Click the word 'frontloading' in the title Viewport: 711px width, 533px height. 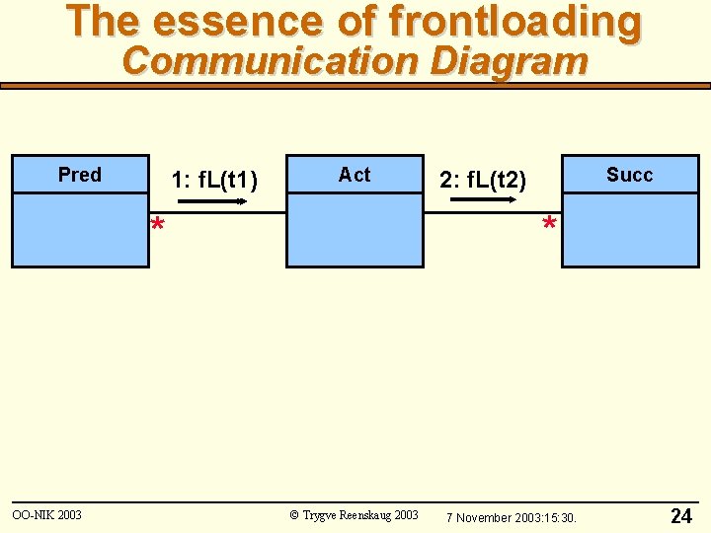514,22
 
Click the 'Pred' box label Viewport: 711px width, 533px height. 80,175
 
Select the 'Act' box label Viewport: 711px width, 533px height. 355,175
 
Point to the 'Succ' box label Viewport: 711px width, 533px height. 629,175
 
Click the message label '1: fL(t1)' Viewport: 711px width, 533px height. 214,181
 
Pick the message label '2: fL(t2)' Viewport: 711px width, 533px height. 484,181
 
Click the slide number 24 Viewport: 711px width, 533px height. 681,516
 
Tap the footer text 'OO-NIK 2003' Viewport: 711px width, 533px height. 46,515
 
